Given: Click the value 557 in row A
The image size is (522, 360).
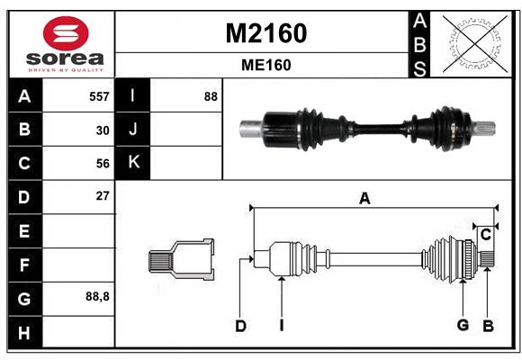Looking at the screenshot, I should [99, 96].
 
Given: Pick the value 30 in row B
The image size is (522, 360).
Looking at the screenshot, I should [103, 130].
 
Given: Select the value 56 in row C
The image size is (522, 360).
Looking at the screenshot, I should [103, 164].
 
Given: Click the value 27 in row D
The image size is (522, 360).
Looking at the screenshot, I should [103, 195].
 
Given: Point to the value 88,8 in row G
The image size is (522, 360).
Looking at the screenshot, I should [98, 296].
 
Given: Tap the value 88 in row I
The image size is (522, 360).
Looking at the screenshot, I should [211, 96].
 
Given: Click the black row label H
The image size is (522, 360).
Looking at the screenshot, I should [24, 332].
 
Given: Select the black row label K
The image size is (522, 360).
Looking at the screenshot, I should [133, 163].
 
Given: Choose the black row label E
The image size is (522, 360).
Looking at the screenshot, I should [24, 231].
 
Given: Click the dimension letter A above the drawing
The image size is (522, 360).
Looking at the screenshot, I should [364, 199].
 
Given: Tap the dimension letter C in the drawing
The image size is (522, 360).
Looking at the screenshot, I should [485, 235].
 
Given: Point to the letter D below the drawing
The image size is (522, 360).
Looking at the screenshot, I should [240, 327].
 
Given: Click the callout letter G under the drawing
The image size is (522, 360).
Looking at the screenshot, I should [463, 326].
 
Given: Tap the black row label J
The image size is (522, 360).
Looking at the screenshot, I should [133, 130].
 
